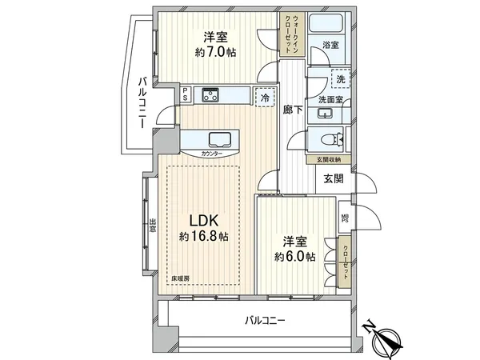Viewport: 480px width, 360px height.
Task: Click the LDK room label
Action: point(203,221)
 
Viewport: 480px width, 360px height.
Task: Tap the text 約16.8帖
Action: point(203,237)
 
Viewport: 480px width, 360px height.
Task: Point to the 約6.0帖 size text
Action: point(293,256)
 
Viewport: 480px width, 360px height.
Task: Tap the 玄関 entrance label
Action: point(334,180)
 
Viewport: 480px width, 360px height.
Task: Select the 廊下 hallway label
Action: point(292,111)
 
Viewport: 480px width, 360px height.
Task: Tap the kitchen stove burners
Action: point(210,95)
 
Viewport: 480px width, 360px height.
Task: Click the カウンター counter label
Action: point(212,152)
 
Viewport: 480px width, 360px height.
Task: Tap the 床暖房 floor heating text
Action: point(178,278)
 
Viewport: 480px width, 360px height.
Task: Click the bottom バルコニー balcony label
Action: point(266,321)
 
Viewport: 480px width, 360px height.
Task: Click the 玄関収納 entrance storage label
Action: point(328,160)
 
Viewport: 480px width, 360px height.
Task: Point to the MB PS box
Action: point(345,218)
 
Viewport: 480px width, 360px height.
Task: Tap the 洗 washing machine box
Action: point(342,80)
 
